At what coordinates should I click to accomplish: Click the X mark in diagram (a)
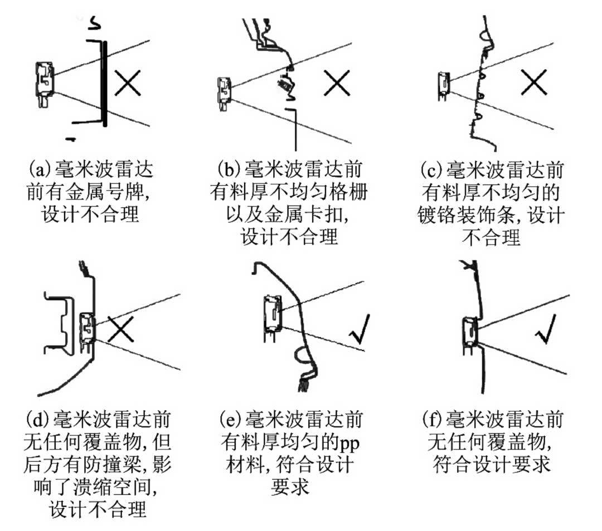pyautogui.click(x=128, y=84)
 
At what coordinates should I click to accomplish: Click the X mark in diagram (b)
pyautogui.click(x=337, y=84)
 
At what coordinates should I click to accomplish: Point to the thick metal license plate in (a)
pyautogui.click(x=105, y=84)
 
